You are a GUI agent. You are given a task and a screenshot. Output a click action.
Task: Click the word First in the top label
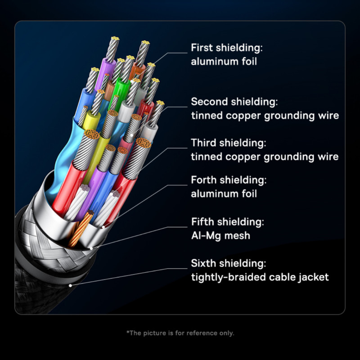coord(202,48)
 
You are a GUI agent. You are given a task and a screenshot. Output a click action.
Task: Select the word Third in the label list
coord(203,143)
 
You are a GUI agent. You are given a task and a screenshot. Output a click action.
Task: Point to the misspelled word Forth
coord(203,180)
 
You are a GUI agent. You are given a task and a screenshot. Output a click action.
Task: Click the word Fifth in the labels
coord(202,222)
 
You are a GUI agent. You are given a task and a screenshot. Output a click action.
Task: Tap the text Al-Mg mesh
coord(220,235)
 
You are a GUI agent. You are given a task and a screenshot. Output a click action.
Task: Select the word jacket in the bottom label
coord(314,277)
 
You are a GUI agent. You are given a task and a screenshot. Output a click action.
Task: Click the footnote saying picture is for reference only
coord(180,333)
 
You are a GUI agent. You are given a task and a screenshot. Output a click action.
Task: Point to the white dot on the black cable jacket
coord(70,285)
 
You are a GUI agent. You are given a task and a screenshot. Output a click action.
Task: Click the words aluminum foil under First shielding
coord(224,62)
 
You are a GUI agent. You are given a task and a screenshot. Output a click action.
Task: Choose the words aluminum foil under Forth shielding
coord(224,194)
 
